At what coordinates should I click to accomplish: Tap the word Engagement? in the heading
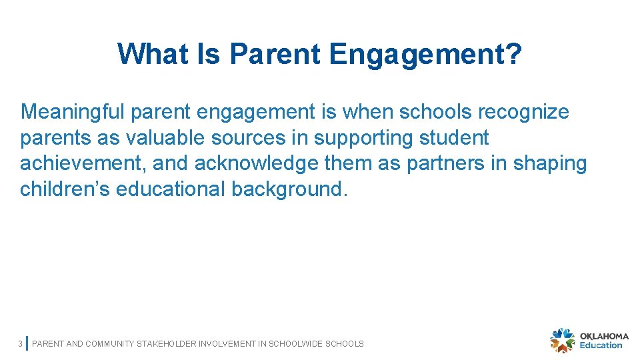pos(425,55)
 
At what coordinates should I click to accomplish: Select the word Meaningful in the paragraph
pos(73,112)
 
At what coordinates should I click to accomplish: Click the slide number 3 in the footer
pos(20,344)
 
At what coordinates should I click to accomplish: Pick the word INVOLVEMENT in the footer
pos(233,344)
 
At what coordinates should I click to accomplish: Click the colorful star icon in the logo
pos(562,340)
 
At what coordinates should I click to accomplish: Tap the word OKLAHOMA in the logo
pos(604,337)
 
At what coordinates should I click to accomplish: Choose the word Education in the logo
pos(601,345)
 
